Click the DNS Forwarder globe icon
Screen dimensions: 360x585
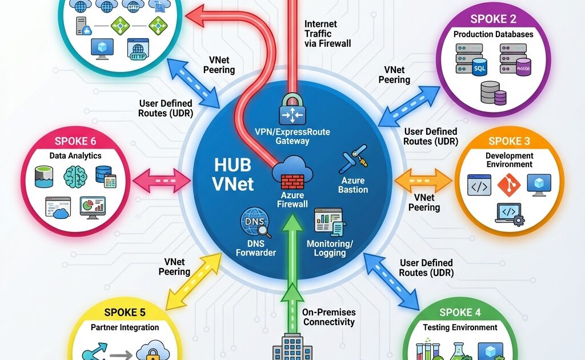254,223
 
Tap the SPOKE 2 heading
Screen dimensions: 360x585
493,19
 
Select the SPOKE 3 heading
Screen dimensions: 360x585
510,141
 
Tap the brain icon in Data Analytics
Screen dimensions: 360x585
75,175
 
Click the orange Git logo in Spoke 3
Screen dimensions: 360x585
508,185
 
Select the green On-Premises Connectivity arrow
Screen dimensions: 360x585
292,251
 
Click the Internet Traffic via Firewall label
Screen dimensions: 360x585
327,33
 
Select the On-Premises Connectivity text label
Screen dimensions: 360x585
330,317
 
